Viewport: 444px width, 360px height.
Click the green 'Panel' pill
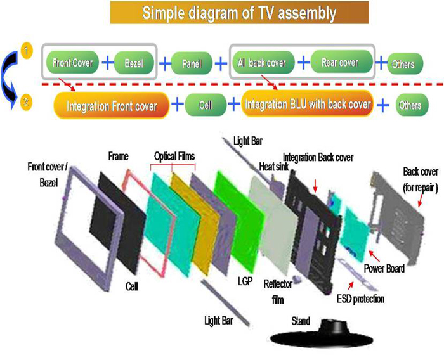(192, 64)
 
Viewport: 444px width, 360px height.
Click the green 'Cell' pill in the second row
(205, 104)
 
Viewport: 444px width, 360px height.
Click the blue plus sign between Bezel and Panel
(165, 64)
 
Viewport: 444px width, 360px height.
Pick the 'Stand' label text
(300, 321)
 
